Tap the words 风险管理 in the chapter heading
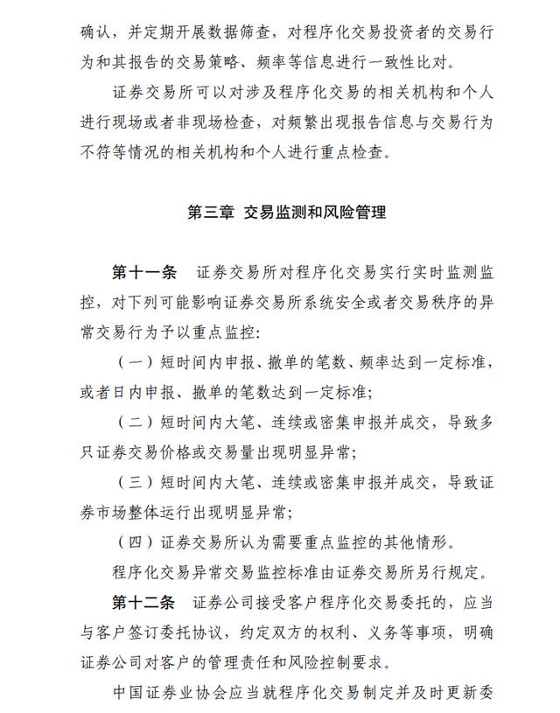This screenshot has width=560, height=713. [358, 212]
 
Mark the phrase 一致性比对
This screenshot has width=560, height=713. [429, 63]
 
